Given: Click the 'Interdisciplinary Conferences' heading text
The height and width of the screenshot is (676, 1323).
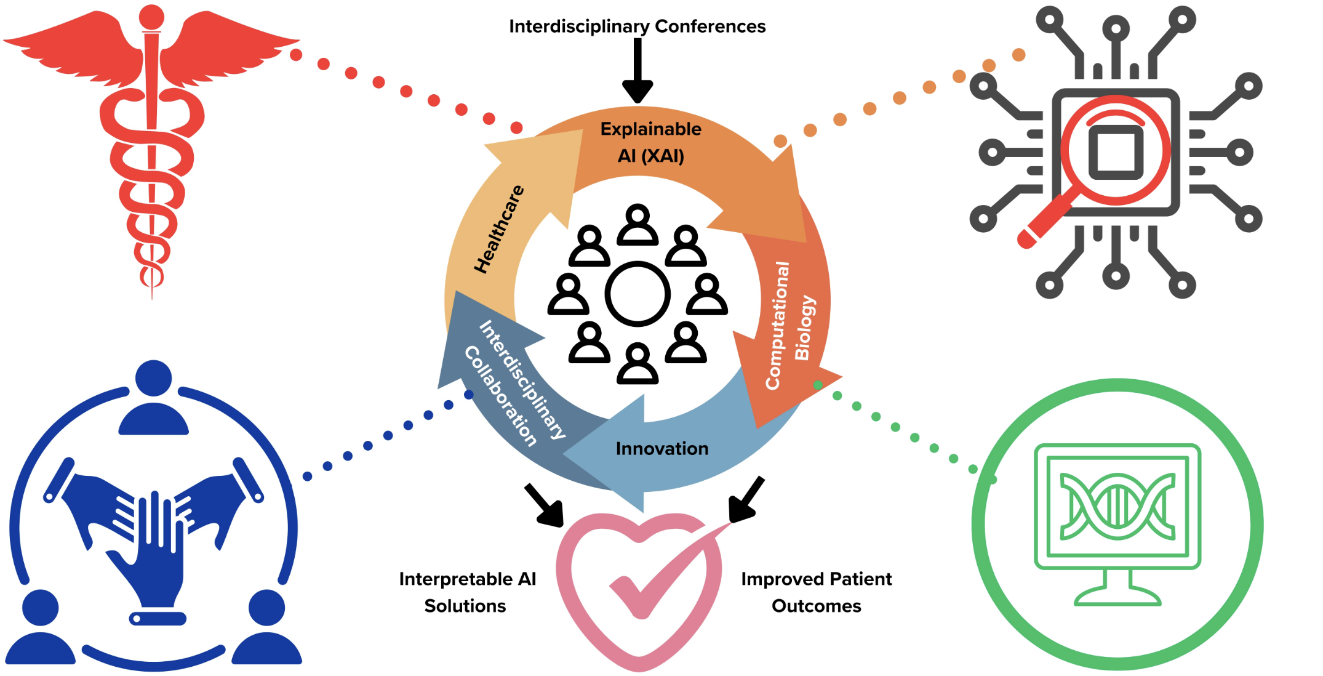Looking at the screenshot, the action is tap(637, 26).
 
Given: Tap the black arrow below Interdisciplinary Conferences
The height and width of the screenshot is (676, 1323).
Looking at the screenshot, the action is tap(638, 71).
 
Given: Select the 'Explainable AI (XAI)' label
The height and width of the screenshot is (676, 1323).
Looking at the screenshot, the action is tap(651, 142).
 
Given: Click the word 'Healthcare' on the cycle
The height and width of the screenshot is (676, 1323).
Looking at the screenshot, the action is tap(499, 229).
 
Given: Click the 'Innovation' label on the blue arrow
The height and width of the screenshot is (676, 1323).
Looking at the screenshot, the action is tap(662, 449).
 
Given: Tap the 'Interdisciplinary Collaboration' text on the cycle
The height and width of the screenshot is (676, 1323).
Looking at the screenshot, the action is tap(514, 382).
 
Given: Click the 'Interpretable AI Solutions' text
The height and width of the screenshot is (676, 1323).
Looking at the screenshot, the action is tap(467, 592).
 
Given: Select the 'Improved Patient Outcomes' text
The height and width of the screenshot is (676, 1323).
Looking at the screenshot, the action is tap(816, 592).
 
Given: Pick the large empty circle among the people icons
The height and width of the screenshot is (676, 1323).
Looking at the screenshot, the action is tap(638, 294).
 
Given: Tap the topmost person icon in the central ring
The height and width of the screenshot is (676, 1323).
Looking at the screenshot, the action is tap(638, 225).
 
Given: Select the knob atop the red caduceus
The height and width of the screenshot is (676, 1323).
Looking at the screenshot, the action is tap(152, 17).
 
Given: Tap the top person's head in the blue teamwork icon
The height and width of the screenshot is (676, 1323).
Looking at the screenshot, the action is tap(153, 378).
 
